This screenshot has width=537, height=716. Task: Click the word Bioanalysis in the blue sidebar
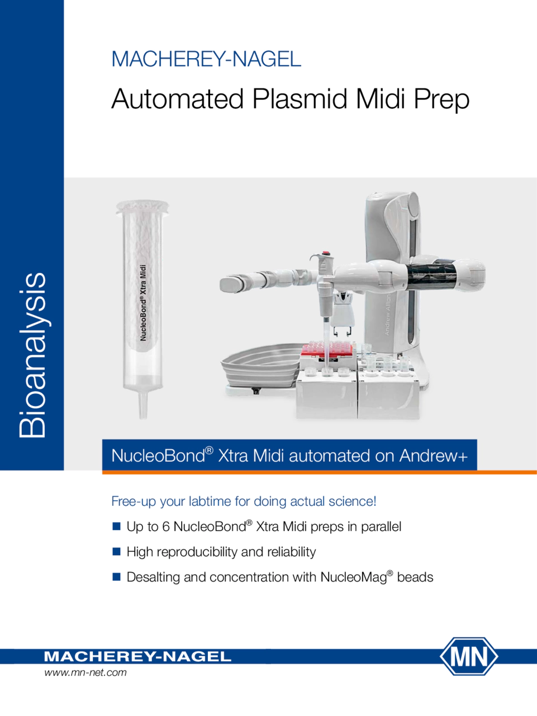pyautogui.click(x=32, y=355)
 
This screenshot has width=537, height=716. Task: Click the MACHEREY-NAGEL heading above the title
pyautogui.click(x=206, y=59)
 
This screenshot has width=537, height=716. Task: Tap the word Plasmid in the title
pyautogui.click(x=300, y=99)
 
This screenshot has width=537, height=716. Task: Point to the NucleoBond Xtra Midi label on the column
pyautogui.click(x=142, y=303)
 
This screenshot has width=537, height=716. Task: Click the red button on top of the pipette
pyautogui.click(x=325, y=253)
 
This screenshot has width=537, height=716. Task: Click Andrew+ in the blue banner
pyautogui.click(x=434, y=456)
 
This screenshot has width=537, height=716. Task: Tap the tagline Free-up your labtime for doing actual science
pyautogui.click(x=244, y=501)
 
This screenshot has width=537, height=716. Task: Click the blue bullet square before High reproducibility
pyautogui.click(x=116, y=552)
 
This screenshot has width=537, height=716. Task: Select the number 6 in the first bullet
pyautogui.click(x=166, y=527)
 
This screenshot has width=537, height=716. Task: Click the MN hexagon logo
pyautogui.click(x=469, y=656)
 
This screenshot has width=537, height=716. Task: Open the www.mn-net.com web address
pyautogui.click(x=85, y=672)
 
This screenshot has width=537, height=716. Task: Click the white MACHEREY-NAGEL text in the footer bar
pyautogui.click(x=137, y=657)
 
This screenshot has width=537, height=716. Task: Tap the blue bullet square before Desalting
pyautogui.click(x=116, y=577)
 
